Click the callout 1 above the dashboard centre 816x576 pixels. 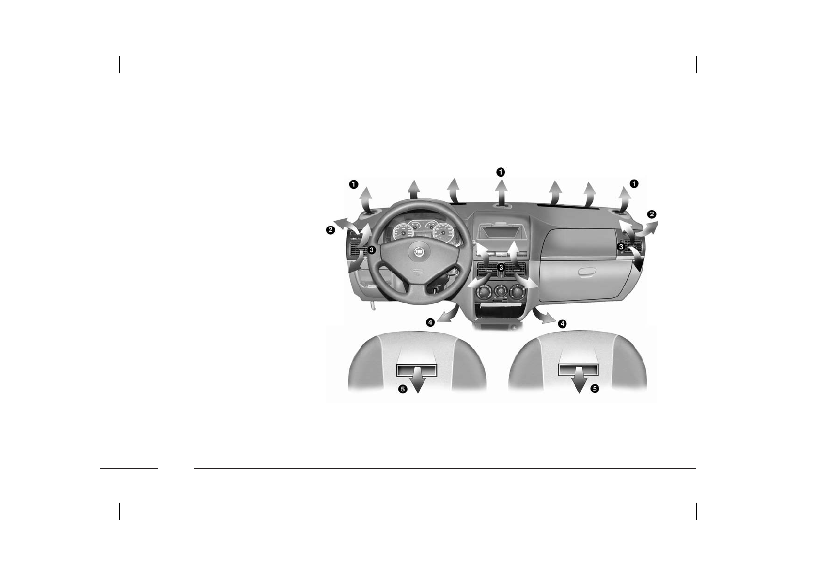tap(501, 172)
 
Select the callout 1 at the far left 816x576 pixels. tap(354, 184)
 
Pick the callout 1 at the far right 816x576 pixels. tap(634, 183)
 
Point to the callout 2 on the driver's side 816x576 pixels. tap(330, 230)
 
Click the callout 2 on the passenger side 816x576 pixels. tap(652, 214)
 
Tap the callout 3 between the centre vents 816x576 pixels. tap(501, 267)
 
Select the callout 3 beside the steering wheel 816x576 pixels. tap(371, 250)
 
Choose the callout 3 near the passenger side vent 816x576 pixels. tap(621, 247)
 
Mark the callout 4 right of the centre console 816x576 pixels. tap(562, 323)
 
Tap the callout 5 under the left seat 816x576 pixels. tap(402, 389)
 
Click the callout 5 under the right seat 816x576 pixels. tap(595, 388)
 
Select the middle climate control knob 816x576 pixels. tap(501, 291)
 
